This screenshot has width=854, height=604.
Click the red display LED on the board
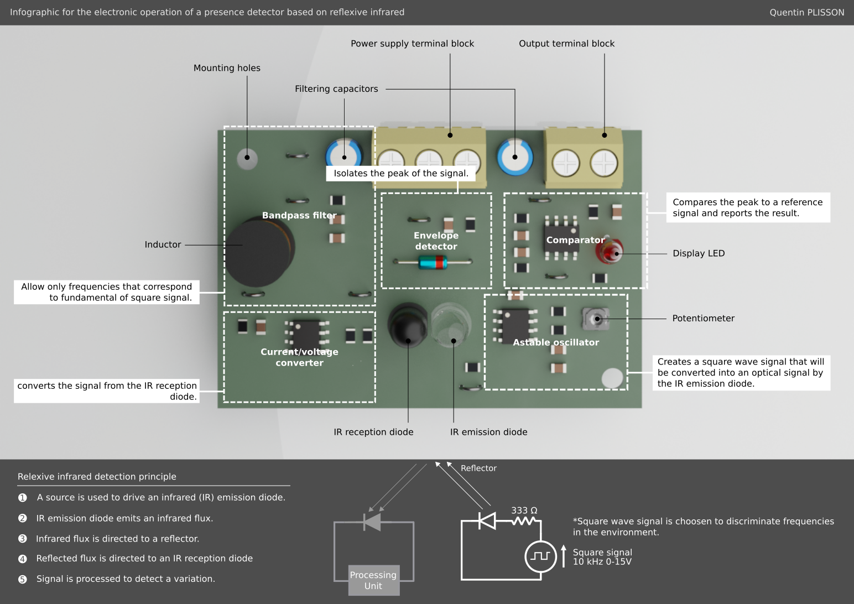tap(609, 251)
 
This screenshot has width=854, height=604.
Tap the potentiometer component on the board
tap(596, 319)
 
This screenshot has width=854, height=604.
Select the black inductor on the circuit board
tap(259, 252)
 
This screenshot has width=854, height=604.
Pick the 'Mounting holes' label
tap(227, 68)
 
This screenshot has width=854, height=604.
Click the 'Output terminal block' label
tap(566, 44)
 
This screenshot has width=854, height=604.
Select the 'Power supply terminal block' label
tap(412, 44)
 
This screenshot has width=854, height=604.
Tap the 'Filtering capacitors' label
tap(336, 89)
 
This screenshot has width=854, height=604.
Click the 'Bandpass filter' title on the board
tap(299, 215)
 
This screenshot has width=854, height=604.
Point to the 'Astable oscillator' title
tap(556, 342)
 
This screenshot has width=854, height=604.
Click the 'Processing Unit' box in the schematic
tap(373, 580)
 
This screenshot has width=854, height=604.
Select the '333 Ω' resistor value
tap(524, 511)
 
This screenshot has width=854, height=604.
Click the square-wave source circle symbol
tap(540, 556)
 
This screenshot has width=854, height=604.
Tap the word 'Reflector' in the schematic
tap(478, 468)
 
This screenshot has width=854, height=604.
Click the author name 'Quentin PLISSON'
tap(806, 12)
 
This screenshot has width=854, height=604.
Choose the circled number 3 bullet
tap(23, 539)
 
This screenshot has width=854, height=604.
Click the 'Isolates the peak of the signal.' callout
tap(401, 173)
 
